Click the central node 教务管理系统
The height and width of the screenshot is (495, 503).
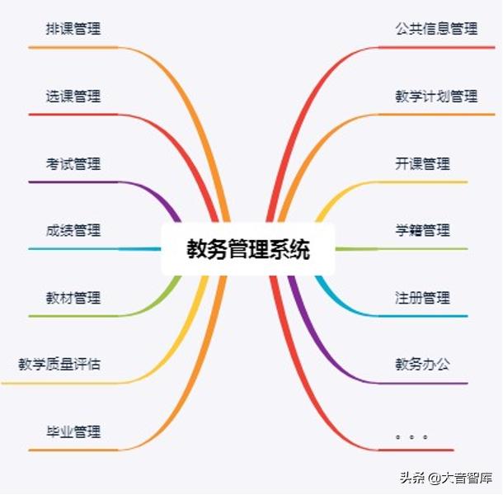click(x=248, y=249)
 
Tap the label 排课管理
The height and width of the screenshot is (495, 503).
click(x=73, y=29)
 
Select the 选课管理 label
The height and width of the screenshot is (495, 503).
click(x=73, y=96)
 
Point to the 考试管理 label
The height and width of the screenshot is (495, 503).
click(x=73, y=163)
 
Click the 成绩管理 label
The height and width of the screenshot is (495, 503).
click(x=73, y=230)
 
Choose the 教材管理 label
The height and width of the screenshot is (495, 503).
click(x=73, y=298)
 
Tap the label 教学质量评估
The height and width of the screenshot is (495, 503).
click(x=59, y=365)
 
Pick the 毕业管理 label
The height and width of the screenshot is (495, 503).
click(x=73, y=431)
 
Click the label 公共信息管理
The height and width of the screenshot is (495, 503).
click(x=436, y=29)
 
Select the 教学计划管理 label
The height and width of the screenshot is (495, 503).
click(x=436, y=96)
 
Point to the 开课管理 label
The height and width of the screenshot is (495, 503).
click(x=422, y=163)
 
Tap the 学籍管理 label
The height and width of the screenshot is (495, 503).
click(x=422, y=230)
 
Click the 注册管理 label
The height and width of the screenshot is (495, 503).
click(x=422, y=298)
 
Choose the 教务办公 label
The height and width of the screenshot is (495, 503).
click(x=422, y=365)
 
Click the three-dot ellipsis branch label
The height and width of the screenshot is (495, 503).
click(x=412, y=437)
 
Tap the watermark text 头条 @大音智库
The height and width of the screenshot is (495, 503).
click(x=446, y=478)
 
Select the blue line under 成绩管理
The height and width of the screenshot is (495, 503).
click(x=95, y=249)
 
